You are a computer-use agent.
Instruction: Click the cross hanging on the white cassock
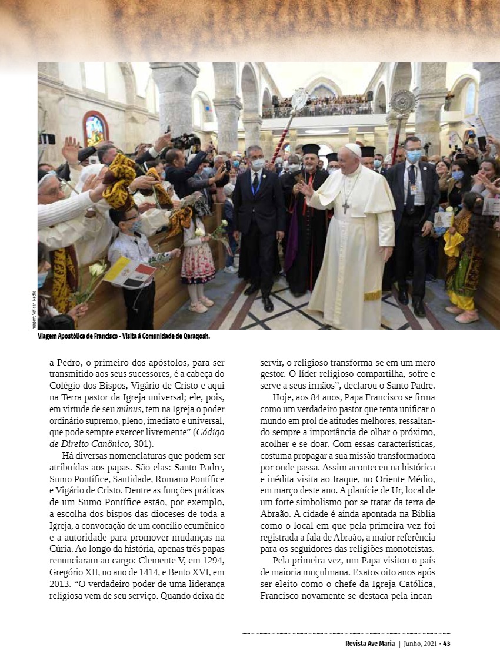(345, 207)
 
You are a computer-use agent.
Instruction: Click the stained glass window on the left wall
(95, 130)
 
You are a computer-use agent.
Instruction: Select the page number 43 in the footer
(446, 643)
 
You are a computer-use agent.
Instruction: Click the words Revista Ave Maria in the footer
(369, 643)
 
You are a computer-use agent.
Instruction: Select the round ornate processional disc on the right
(404, 100)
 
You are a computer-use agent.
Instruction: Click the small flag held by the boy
(131, 273)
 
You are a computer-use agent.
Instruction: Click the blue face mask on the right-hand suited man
(414, 155)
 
